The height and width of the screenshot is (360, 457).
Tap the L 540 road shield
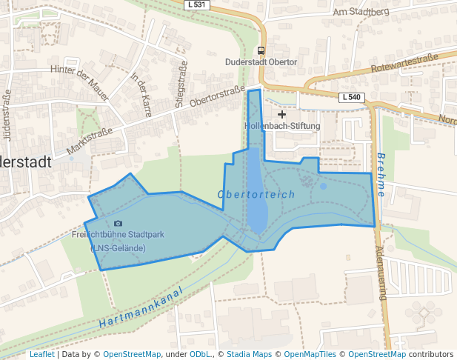352,98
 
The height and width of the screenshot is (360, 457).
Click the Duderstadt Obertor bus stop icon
261,50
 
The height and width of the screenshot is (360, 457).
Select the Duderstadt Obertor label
261,62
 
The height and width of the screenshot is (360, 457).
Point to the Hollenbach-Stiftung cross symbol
281,114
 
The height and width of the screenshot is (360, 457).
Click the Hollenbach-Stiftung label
282,126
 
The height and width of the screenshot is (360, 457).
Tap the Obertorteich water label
256,194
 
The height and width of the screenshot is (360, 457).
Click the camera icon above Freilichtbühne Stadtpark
119,223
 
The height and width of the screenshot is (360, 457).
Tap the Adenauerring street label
381,273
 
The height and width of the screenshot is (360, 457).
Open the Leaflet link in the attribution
42,354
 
